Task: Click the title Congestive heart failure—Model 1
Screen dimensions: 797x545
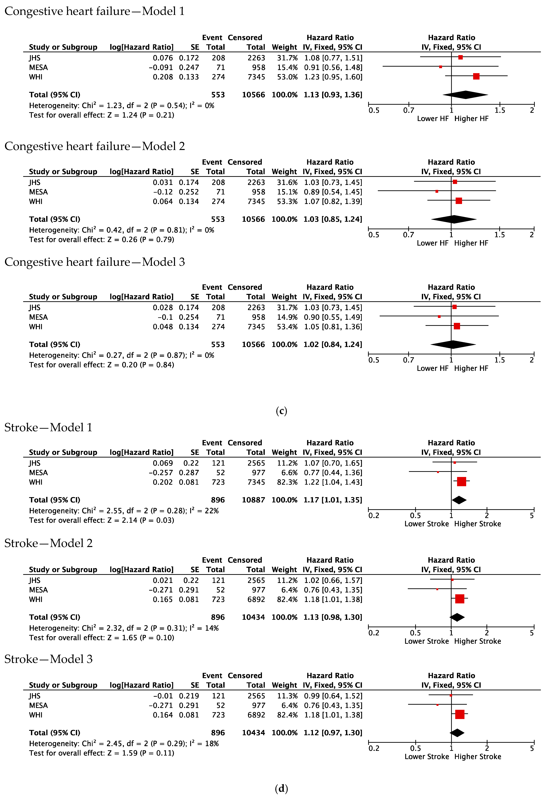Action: [95, 11]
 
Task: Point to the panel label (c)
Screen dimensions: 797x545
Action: [281, 411]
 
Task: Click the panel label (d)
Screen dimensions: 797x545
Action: [281, 788]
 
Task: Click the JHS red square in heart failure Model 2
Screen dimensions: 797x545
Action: [455, 182]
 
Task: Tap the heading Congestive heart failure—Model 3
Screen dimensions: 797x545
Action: [95, 262]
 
